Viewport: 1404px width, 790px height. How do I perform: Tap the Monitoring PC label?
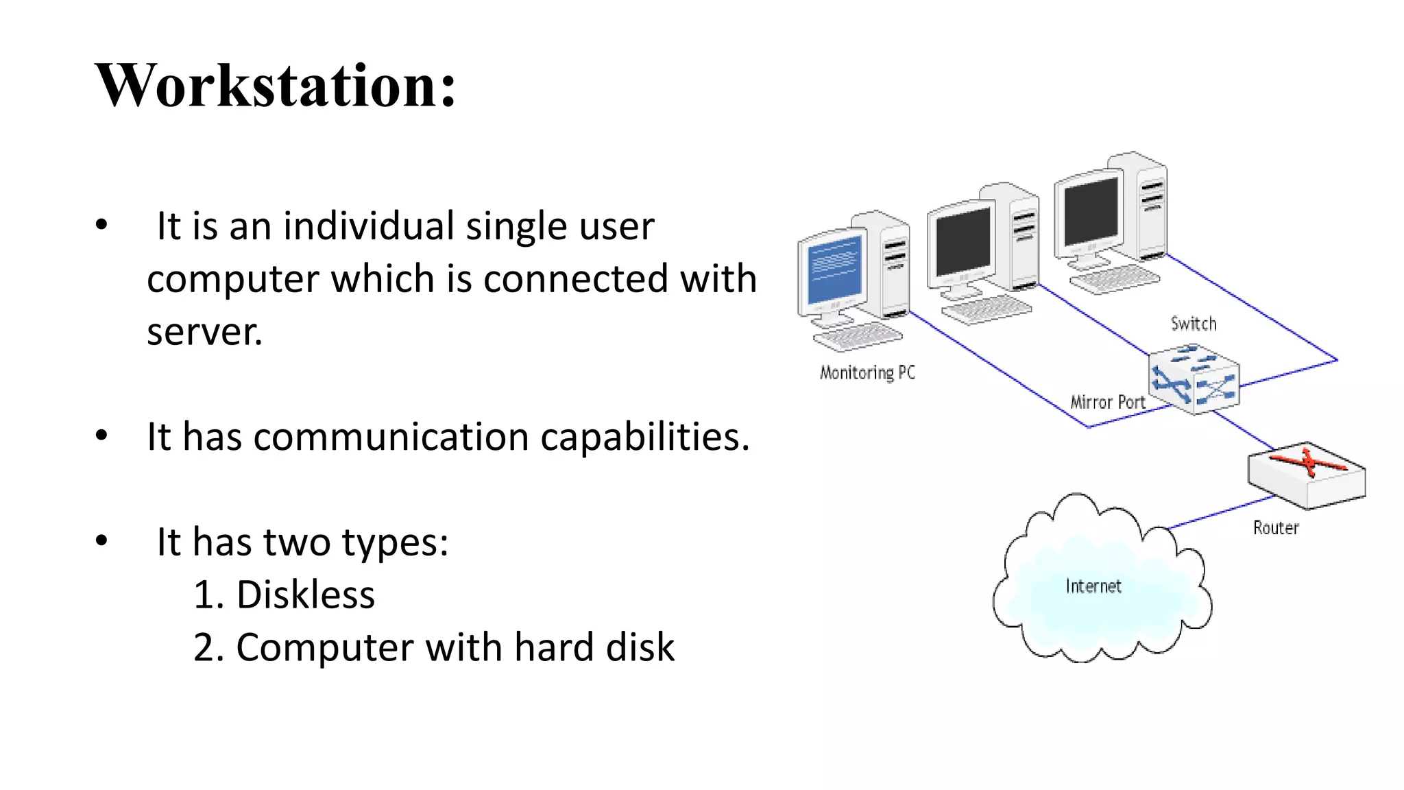pyautogui.click(x=867, y=372)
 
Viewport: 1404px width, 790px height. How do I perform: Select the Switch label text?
pyautogui.click(x=1194, y=324)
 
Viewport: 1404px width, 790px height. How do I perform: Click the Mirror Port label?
pyautogui.click(x=1107, y=402)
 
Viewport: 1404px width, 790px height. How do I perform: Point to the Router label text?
pyautogui.click(x=1276, y=527)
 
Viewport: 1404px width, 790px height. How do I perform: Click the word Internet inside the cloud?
pyautogui.click(x=1093, y=586)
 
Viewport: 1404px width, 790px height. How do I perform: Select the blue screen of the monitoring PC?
pyautogui.click(x=834, y=269)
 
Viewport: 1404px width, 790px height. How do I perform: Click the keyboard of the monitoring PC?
pyautogui.click(x=858, y=337)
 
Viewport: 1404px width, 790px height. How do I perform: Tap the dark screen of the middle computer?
pyautogui.click(x=963, y=241)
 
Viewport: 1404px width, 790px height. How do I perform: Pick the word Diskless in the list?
pyautogui.click(x=305, y=595)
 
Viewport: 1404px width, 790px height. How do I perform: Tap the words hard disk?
pyautogui.click(x=594, y=647)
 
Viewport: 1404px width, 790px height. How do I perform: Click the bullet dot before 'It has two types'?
pyautogui.click(x=102, y=541)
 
